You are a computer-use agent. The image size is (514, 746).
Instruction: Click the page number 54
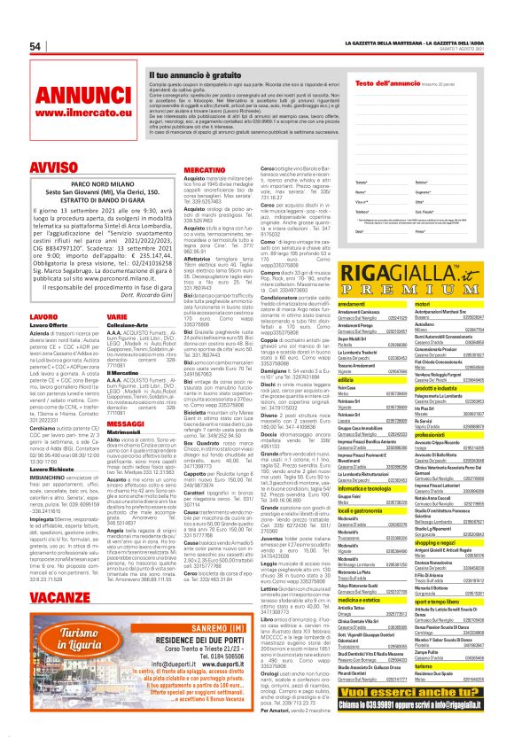coord(36,46)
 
